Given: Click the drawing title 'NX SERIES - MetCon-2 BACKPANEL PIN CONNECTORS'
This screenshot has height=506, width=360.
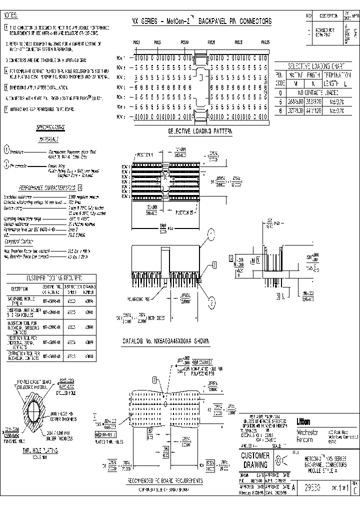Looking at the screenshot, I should coord(201,21).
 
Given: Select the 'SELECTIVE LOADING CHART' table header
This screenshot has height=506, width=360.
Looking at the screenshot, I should coord(316,66).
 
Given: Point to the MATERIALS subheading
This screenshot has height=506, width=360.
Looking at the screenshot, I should coord(49,139).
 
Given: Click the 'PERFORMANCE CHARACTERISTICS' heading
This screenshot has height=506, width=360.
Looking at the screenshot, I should coord(47,187).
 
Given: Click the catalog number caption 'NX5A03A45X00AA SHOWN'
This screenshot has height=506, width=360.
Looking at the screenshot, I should coord(165,341).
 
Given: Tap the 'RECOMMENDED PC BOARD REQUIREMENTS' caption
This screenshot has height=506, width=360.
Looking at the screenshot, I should coord(164,480).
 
